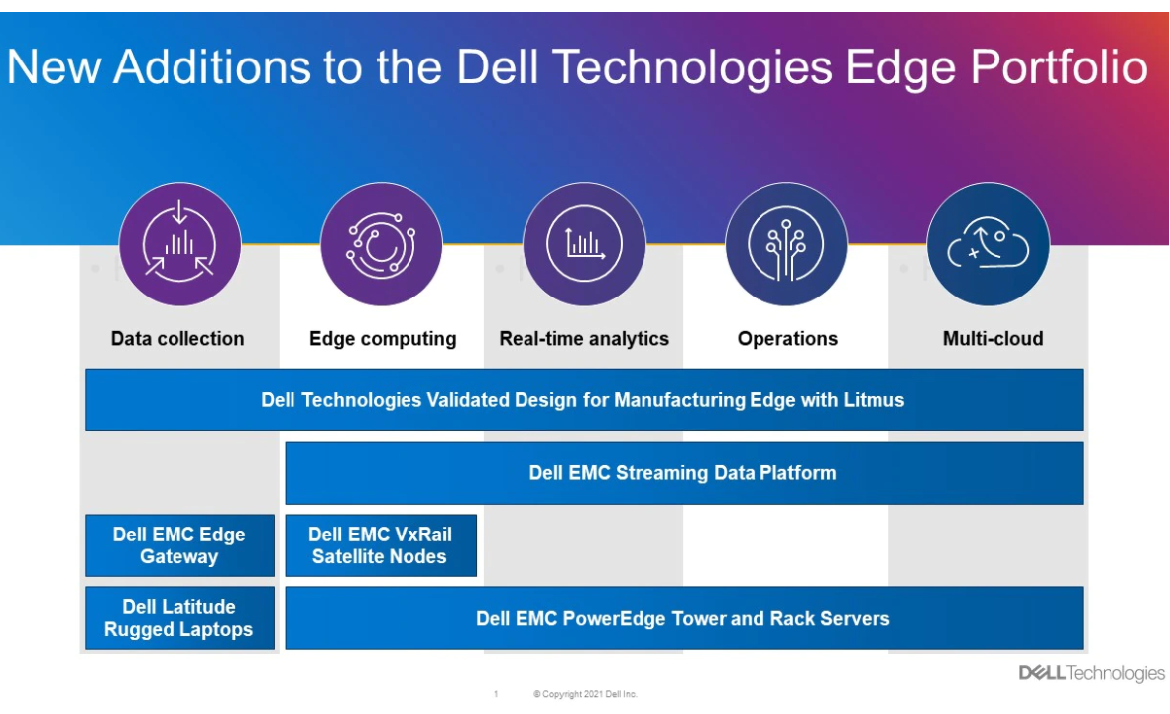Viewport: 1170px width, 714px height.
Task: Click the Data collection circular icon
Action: click(179, 244)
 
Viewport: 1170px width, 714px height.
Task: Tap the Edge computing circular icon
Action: click(382, 244)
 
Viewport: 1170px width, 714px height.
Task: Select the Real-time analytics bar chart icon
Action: click(584, 244)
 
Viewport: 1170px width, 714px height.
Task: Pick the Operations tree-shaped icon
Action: click(786, 244)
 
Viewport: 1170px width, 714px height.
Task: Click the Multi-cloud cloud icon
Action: click(988, 244)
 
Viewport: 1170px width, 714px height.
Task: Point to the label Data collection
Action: click(177, 339)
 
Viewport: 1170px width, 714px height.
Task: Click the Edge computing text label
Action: click(383, 339)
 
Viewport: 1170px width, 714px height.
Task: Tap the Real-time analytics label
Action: click(584, 339)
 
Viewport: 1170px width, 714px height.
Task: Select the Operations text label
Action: click(788, 339)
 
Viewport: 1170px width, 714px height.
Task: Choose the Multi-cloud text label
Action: click(994, 339)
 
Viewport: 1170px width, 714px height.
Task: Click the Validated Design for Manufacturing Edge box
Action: click(584, 400)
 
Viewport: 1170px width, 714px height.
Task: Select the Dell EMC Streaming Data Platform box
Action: click(684, 473)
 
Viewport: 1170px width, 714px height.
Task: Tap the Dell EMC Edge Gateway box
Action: click(179, 545)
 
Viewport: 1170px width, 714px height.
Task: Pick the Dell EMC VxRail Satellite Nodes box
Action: click(381, 545)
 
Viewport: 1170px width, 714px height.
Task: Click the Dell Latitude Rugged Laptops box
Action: click(179, 618)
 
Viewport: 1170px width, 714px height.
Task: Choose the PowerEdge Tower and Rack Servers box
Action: click(684, 618)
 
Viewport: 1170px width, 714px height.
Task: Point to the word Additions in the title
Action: click(212, 67)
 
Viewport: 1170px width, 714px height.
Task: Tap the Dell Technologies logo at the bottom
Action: click(1092, 673)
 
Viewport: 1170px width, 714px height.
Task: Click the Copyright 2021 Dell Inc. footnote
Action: click(586, 694)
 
